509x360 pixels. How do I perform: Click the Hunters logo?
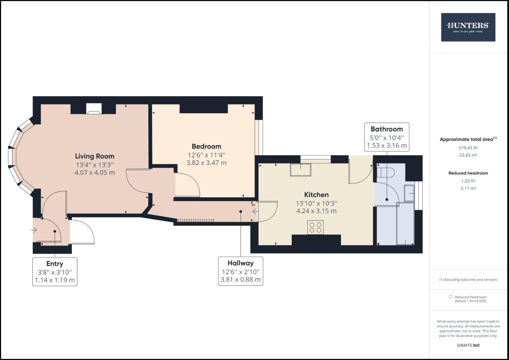468,27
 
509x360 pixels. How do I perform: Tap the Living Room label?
95,156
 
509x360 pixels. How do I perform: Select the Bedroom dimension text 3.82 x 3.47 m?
206,163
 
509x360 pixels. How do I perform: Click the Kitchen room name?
316,195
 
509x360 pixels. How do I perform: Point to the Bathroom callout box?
387,137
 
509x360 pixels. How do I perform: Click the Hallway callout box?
241,271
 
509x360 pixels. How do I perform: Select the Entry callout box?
55,272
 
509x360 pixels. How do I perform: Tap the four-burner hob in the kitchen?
315,228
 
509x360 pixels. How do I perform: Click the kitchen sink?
300,170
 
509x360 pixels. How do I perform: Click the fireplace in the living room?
93,109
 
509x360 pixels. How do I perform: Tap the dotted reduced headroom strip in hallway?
196,220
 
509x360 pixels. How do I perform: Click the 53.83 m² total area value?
468,155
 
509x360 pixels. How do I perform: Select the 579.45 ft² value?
468,148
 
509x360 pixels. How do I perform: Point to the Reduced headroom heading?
468,173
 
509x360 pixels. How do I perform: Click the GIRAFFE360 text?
468,345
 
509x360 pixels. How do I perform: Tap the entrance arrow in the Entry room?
34,230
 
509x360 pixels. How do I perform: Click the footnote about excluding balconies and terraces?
468,280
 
